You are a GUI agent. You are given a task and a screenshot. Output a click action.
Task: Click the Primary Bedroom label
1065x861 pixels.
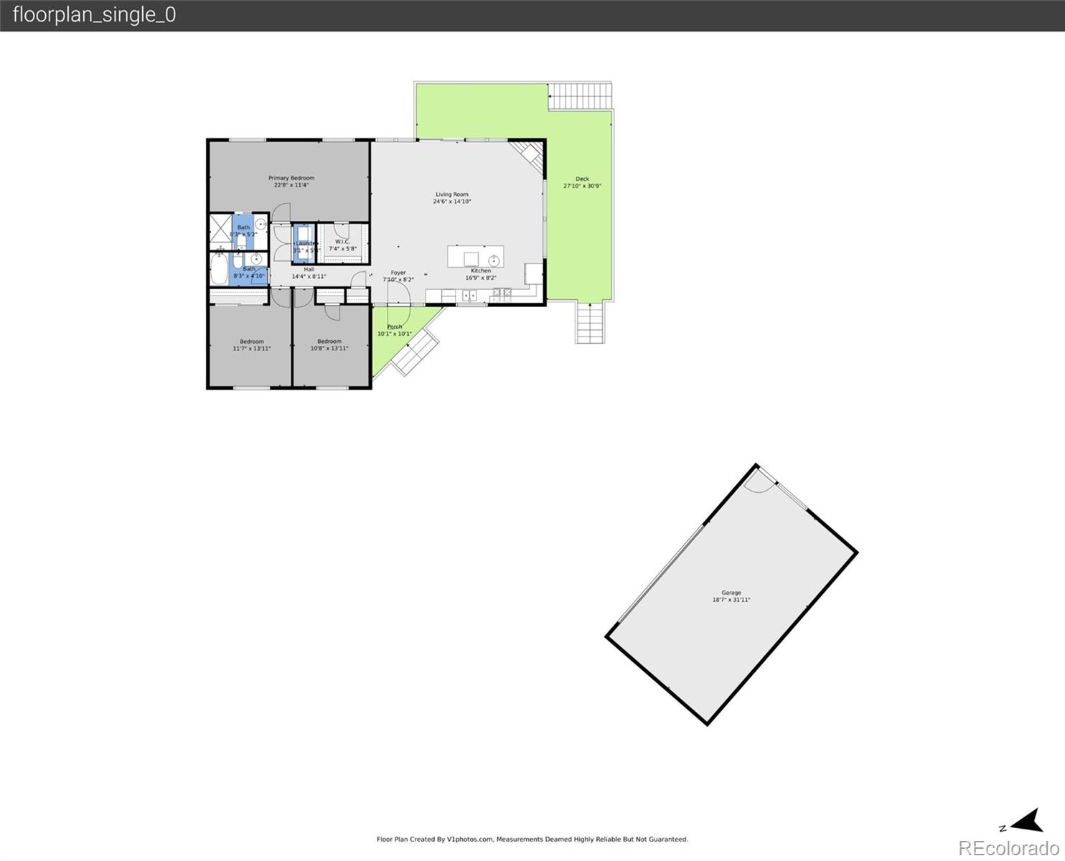291,178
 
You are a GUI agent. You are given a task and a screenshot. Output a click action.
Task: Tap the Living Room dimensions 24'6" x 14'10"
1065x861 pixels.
452,202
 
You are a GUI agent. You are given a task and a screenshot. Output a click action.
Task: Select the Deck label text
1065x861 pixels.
582,179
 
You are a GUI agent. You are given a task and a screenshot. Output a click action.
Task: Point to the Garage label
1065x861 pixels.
731,593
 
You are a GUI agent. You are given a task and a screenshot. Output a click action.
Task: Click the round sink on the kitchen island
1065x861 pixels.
494,259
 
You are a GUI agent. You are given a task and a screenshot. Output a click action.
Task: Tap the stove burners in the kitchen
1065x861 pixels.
502,293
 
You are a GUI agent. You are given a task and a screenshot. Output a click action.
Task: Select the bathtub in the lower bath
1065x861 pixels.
219,269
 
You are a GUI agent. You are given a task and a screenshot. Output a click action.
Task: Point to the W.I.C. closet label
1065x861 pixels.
342,242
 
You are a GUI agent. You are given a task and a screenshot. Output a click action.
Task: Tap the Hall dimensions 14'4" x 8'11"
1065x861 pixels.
309,276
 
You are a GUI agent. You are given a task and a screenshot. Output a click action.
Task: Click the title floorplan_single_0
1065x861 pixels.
94,15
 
